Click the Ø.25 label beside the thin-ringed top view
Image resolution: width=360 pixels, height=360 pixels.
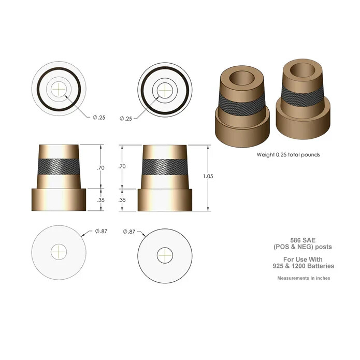[x=99, y=118]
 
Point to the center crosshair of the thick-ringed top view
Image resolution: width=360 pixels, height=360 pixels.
[x=165, y=89]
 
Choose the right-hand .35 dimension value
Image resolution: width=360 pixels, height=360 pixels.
[x=122, y=199]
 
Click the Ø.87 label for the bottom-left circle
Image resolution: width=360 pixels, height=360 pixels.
[x=100, y=232]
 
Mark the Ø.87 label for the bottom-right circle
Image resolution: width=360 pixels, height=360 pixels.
[x=129, y=232]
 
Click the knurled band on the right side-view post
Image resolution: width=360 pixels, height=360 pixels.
[x=165, y=166]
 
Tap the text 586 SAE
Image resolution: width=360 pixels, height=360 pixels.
[x=304, y=240]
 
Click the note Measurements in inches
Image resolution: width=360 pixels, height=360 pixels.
[x=304, y=278]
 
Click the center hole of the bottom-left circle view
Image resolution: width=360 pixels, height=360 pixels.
[x=60, y=252]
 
